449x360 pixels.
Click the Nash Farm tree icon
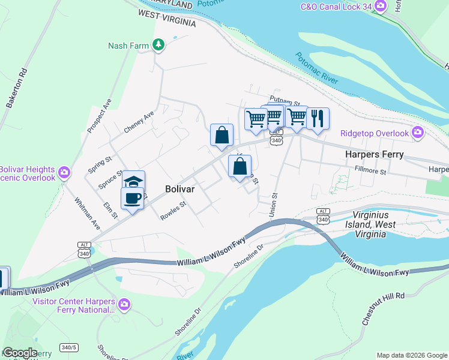click(158, 45)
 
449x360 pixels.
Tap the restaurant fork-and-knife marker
click(318, 118)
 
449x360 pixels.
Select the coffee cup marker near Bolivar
click(132, 197)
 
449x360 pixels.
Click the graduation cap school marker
click(133, 182)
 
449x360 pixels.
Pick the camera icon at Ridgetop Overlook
click(418, 133)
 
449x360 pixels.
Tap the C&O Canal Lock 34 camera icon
click(379, 7)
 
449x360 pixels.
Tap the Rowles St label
click(173, 211)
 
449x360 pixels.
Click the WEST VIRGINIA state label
click(167, 17)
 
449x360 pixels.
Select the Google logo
click(19, 352)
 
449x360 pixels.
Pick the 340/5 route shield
click(68, 347)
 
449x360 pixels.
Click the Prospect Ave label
click(99, 116)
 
